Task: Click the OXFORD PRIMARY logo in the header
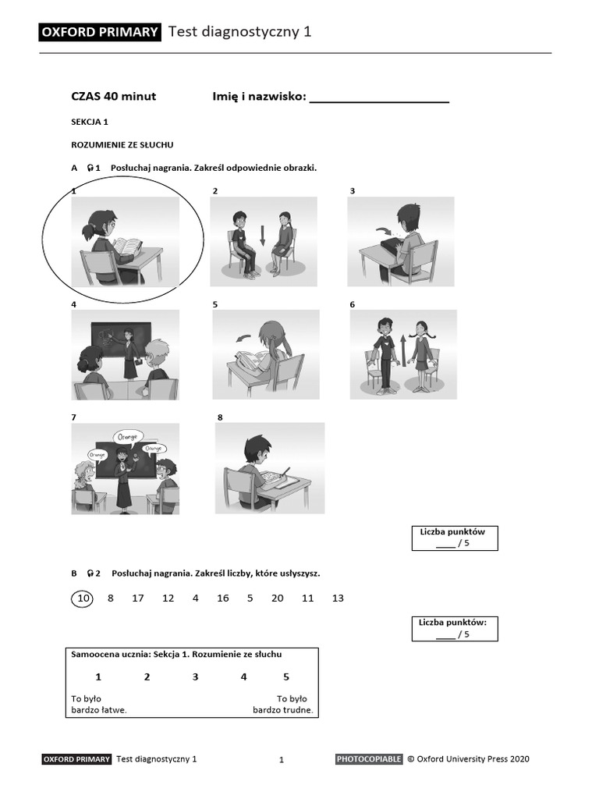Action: coord(100,32)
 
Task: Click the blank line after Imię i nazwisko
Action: coord(379,100)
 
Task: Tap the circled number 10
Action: coord(82,598)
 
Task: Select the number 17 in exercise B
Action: coord(138,598)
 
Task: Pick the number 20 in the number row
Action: coord(277,598)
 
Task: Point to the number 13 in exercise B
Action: coord(338,598)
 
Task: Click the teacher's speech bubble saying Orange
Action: coord(129,437)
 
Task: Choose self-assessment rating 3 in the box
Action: coord(196,676)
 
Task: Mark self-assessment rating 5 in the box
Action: coord(286,676)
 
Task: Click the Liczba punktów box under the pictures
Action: coord(454,538)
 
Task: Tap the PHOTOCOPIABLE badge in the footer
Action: coord(369,758)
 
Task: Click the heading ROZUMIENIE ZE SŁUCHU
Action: coord(122,144)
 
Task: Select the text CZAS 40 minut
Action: coord(114,97)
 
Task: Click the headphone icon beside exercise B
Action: coord(92,574)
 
